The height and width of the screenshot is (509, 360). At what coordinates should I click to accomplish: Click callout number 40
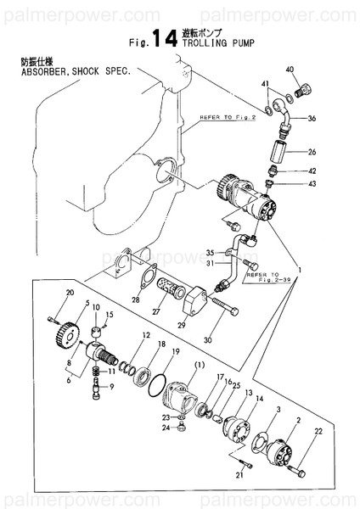click(290, 69)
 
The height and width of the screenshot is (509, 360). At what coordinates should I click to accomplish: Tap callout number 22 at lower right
click(319, 433)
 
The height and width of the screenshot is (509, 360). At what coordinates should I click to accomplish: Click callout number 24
click(166, 428)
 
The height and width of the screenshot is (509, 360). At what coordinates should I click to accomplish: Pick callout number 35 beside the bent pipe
click(210, 253)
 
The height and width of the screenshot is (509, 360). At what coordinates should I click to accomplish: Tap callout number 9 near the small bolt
click(111, 387)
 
